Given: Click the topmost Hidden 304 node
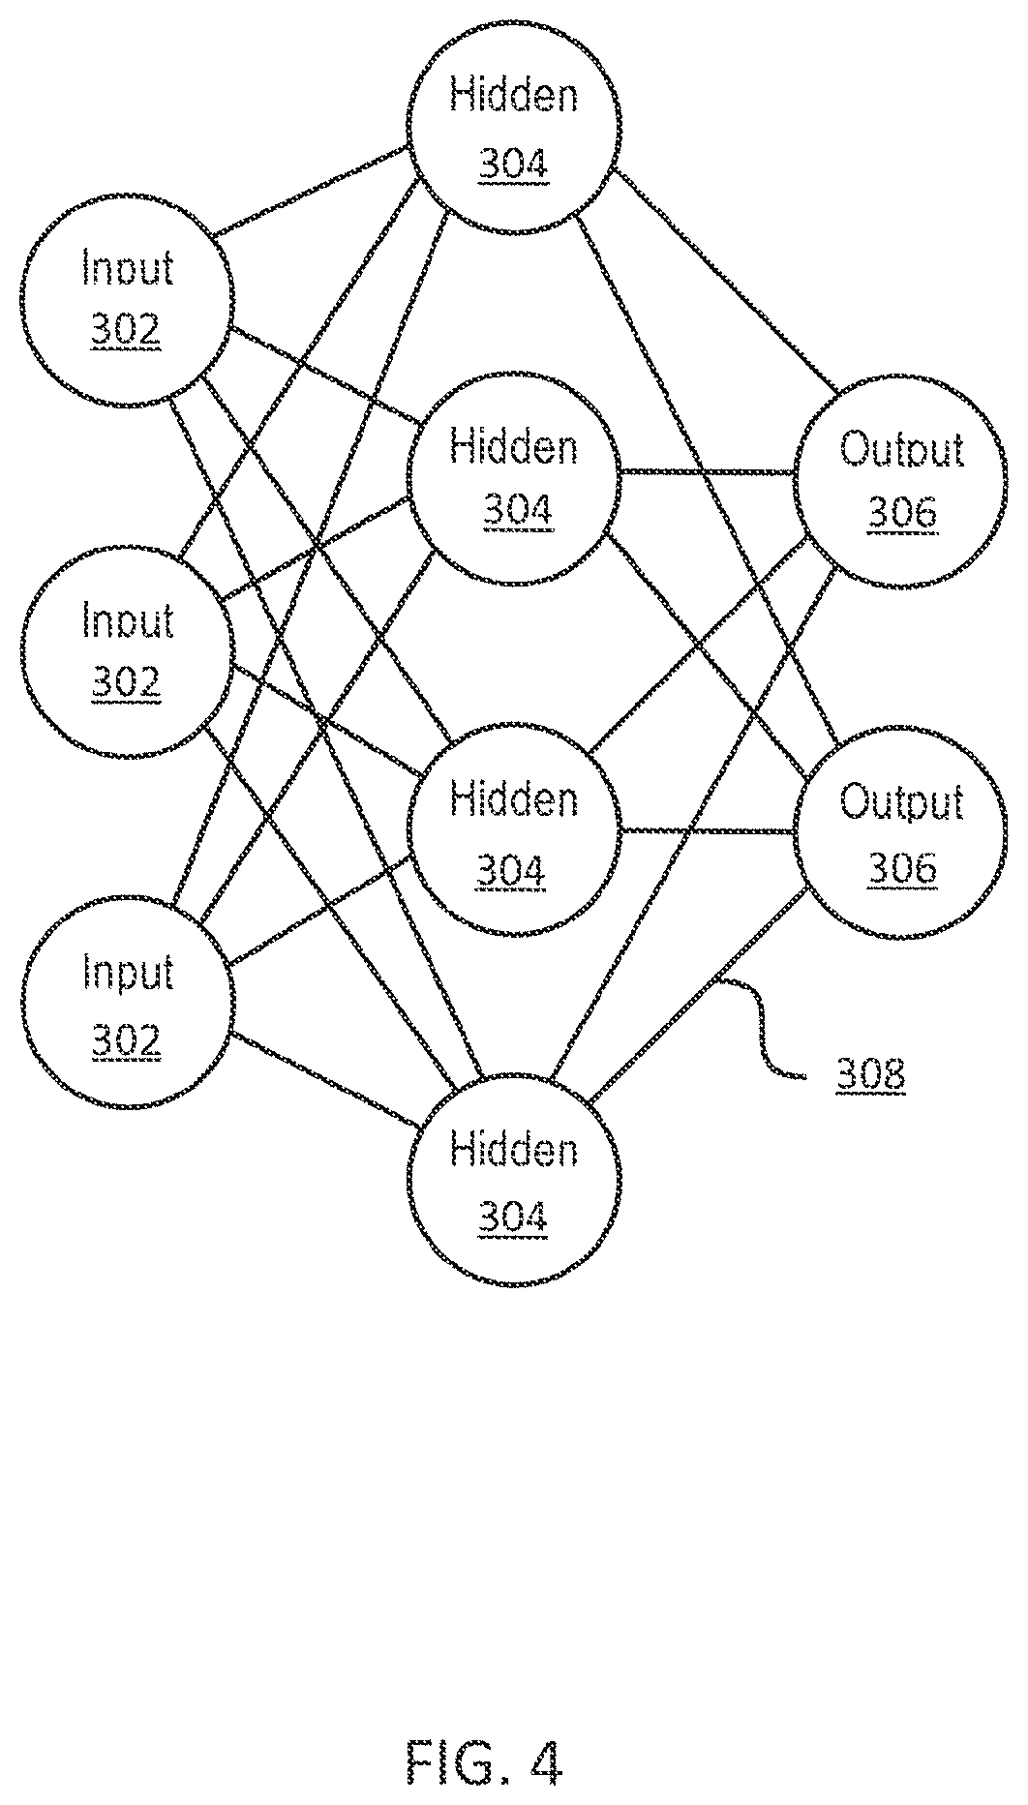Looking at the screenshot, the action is point(514,125).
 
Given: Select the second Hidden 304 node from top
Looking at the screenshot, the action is point(514,478).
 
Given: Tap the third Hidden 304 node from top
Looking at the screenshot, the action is point(514,833).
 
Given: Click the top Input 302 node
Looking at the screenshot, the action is point(127,299).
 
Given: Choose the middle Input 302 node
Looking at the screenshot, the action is point(127,649).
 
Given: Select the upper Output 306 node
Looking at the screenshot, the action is point(901,481).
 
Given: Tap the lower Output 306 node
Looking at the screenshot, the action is point(901,833).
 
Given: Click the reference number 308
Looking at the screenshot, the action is point(871,1076).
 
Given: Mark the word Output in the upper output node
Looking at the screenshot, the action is point(901,451).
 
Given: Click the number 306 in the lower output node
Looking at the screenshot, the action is point(902,868).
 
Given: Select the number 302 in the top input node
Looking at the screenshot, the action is point(127,331).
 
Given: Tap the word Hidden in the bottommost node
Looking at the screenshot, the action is point(514,1150).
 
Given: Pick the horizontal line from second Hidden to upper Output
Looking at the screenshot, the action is point(708,472).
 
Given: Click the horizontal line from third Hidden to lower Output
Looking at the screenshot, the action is point(708,830).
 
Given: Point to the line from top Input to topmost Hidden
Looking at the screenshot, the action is point(313,192).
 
